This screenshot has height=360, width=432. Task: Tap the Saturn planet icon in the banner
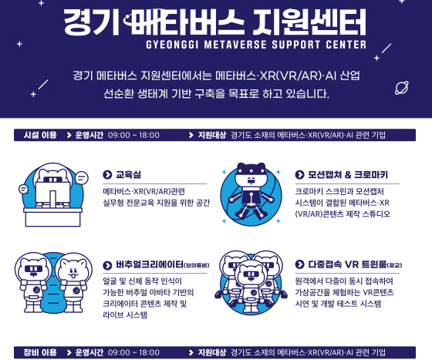pos(402,88)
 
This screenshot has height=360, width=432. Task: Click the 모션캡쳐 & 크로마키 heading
pos(348,174)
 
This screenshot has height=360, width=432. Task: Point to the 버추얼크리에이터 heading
pos(150,264)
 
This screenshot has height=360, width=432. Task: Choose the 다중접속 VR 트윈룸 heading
pos(347,264)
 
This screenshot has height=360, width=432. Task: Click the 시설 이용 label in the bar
pos(40,135)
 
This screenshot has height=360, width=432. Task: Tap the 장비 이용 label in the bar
pos(40,352)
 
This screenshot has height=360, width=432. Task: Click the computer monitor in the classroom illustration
pos(52,194)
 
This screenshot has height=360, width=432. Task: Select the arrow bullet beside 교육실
pos(107,174)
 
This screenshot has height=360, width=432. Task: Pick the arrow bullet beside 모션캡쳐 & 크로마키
pos(299,174)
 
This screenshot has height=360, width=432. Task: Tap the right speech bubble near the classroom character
pos(82,178)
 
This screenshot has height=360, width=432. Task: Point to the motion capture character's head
pos(251,174)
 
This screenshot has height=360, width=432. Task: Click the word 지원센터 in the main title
pos(309,22)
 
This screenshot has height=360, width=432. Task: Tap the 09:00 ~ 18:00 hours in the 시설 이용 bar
pos(133,135)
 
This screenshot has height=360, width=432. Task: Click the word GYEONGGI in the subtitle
pos(172,45)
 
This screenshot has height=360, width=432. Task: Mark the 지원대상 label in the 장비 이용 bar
pos(212,352)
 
